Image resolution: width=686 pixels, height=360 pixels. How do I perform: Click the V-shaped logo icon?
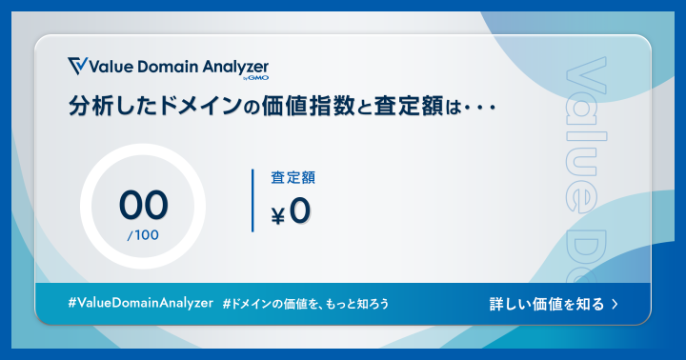[x=77, y=66]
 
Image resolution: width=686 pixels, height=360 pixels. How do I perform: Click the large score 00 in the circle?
[x=143, y=203]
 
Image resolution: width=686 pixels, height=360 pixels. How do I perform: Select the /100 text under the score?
[x=143, y=234]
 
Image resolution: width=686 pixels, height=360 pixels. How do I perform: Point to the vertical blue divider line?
[x=252, y=200]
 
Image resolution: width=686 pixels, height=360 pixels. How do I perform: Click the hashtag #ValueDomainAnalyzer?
[x=140, y=303]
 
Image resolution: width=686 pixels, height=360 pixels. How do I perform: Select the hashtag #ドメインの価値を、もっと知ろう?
[x=305, y=304]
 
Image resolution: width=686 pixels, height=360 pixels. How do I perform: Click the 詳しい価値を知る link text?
[x=546, y=304]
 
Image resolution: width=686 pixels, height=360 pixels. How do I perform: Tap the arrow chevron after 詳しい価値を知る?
[x=615, y=305]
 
